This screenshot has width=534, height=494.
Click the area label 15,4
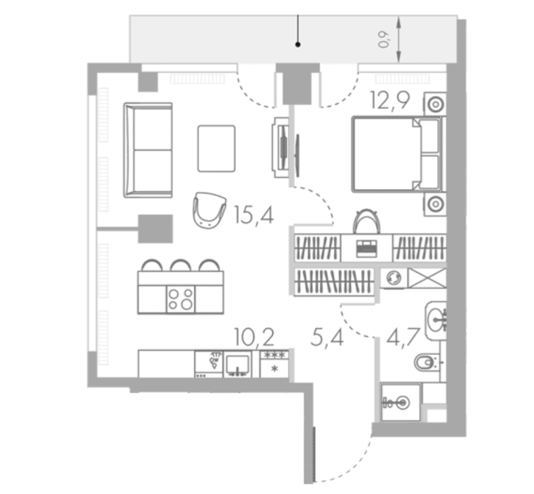coord(254,215)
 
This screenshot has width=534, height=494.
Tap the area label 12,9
coord(391,101)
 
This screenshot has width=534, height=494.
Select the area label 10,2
coord(254,337)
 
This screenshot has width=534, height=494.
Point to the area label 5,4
coord(327,337)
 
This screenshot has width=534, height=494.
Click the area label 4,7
coord(403,337)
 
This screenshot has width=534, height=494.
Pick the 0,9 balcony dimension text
coord(384,40)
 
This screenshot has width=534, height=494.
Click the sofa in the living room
coord(148,150)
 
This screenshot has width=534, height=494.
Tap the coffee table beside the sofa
coord(216,148)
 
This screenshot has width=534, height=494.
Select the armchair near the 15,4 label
coord(209,210)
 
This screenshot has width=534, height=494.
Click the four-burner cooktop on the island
coord(181,299)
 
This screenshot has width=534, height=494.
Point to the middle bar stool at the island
coord(181,265)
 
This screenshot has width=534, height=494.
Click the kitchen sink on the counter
coord(237,365)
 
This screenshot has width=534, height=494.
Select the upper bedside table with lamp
coord(435,104)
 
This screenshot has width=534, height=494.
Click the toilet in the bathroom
coord(427,363)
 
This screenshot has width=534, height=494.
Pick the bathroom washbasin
coord(436,320)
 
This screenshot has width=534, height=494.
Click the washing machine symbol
coord(393,278)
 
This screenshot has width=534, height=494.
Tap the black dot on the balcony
coord(298,44)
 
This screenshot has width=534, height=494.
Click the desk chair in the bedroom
coord(366,222)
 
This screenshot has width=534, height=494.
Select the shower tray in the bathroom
coord(400,402)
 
